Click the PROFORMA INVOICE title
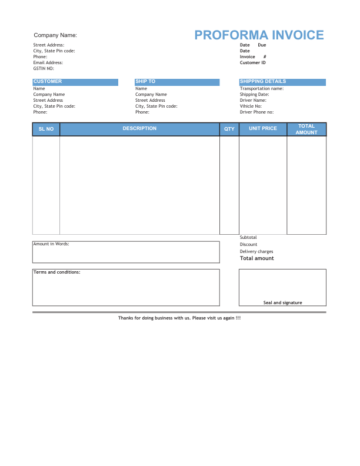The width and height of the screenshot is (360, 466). tap(259, 35)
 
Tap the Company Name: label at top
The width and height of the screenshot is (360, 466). tap(55, 35)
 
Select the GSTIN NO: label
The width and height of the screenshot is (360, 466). tap(44, 68)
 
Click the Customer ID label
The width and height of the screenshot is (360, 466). tap(253, 62)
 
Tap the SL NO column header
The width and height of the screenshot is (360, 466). tap(46, 129)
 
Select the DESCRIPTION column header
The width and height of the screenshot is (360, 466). tap(139, 128)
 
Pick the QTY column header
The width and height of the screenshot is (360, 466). tap(229, 129)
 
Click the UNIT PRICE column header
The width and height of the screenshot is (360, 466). tap(263, 128)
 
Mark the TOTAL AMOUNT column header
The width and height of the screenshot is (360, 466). tap(306, 129)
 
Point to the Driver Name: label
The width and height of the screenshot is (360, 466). tap(253, 100)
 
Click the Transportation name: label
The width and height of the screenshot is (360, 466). tap(262, 88)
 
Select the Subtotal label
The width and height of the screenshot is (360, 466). tap(248, 237)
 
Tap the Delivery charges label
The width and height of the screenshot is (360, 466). tap(256, 251)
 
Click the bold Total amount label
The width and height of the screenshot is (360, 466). tap(257, 258)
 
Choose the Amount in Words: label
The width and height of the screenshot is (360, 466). tap(51, 244)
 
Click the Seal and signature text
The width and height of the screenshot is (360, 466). tap(282, 302)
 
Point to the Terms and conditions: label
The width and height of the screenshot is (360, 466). tap(57, 272)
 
